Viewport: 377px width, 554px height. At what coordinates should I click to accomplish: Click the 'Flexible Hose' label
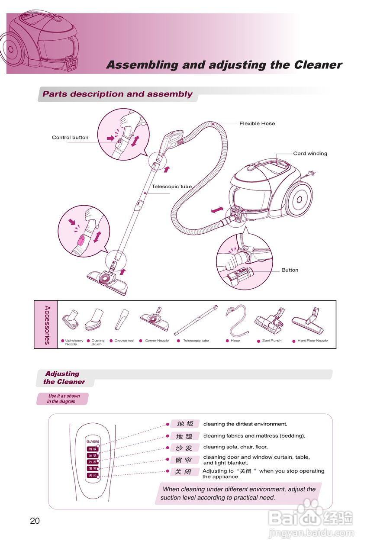pyautogui.click(x=257, y=124)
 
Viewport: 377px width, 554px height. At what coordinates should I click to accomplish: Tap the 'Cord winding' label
pyautogui.click(x=310, y=154)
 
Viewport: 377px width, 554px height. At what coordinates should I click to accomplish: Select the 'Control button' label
pyautogui.click(x=70, y=138)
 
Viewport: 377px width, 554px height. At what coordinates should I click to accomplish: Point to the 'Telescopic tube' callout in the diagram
pyautogui.click(x=171, y=187)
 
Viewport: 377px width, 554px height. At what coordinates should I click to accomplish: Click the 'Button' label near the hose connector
pyautogui.click(x=290, y=270)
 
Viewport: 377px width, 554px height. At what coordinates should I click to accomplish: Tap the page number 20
pyautogui.click(x=35, y=521)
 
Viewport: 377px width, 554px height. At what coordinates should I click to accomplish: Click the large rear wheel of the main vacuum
pyautogui.click(x=299, y=200)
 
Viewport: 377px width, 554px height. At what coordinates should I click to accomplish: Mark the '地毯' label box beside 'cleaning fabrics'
pyautogui.click(x=185, y=436)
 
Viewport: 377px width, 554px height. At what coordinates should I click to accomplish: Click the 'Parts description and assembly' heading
pyautogui.click(x=118, y=94)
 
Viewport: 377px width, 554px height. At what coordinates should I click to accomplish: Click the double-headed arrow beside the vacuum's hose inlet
pyautogui.click(x=218, y=210)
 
